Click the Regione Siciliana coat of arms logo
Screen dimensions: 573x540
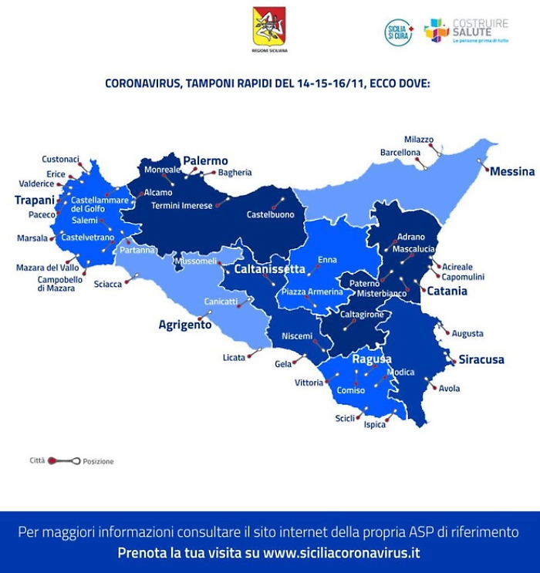tap(269, 26)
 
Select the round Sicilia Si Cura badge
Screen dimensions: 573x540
tap(398, 32)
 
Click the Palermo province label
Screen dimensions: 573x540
tap(205, 161)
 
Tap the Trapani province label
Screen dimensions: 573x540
tap(35, 201)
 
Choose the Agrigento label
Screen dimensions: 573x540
tap(185, 325)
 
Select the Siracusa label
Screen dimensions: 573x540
tap(481, 359)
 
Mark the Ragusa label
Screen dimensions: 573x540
tap(372, 359)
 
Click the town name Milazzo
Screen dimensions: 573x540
tap(419, 140)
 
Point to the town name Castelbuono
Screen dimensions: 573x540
tap(270, 214)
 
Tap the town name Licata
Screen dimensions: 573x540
tap(234, 357)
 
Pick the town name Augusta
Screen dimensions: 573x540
tap(468, 334)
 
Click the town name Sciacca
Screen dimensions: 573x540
tap(108, 284)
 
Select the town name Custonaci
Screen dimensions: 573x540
tap(60, 160)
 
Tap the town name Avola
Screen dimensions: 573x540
tap(449, 389)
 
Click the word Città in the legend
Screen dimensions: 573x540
tap(37, 460)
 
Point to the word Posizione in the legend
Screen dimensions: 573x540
tap(98, 461)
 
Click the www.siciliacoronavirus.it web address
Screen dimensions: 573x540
tap(342, 553)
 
